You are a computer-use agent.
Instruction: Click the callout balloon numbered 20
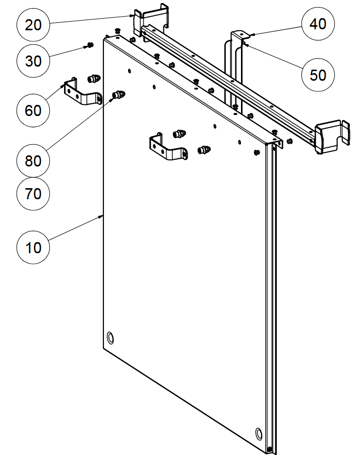click(33, 24)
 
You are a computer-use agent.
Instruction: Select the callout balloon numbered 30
click(33, 62)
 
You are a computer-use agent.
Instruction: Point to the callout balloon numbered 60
click(33, 109)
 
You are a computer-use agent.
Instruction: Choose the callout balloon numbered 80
click(33, 161)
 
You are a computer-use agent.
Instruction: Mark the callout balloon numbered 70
click(33, 193)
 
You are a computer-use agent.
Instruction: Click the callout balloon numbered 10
click(33, 248)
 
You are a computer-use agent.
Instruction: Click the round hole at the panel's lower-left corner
click(111, 337)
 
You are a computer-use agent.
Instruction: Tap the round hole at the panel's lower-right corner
click(259, 433)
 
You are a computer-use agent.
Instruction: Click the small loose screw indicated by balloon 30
click(90, 45)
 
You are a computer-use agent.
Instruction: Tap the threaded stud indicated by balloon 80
click(118, 94)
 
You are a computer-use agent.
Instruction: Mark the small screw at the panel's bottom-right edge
click(270, 449)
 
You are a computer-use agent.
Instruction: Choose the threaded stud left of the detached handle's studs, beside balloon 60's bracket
click(92, 79)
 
